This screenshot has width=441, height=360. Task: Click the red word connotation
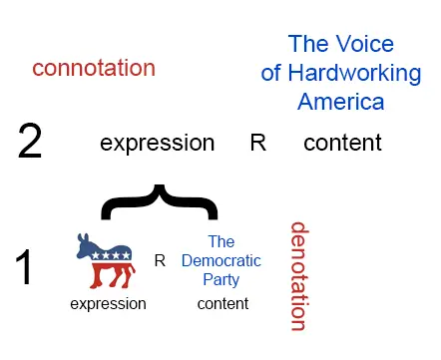[x=94, y=68]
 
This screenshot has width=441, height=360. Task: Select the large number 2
[x=31, y=143]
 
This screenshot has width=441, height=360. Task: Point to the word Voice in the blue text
[x=366, y=44]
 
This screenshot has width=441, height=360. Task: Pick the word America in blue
[x=340, y=102]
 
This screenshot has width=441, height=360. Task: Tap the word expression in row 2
[x=157, y=143]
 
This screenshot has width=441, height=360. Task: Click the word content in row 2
[x=342, y=143]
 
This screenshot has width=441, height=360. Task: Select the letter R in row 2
[x=257, y=143]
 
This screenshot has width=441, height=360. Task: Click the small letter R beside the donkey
[x=159, y=260]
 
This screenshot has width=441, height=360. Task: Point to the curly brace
[x=158, y=199]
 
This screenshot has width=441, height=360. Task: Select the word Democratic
[x=221, y=260]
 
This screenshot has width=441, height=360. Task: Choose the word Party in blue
[x=221, y=278]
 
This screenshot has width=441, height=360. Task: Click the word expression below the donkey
[x=108, y=303]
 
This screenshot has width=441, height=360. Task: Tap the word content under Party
[x=221, y=303]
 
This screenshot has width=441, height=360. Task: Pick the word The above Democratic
[x=221, y=241]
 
